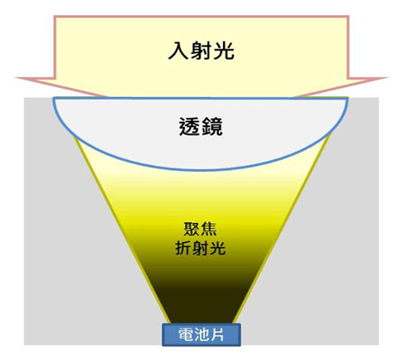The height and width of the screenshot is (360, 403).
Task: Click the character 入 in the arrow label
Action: coord(178,51)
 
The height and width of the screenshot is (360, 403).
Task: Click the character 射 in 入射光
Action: coord(201,51)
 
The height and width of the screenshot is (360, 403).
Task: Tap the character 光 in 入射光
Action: coord(224,51)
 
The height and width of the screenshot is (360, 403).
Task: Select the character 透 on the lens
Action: coord(189,127)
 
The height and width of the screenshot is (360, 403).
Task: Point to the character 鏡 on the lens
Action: coord(212,127)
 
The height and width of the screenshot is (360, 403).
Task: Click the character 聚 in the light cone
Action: coord(192,229)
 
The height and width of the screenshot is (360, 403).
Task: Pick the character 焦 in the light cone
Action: coord(209,229)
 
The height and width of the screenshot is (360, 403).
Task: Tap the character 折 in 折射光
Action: coord(183,248)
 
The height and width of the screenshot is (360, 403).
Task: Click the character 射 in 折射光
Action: coord(201,248)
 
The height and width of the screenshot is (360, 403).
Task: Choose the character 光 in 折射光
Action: coord(217,248)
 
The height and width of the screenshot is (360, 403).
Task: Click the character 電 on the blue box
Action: coord(186,334)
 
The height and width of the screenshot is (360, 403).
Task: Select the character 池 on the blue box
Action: coord(201,334)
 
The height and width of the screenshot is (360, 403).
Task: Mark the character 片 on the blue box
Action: coord(216,334)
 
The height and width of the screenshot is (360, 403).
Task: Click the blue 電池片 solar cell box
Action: coord(201,334)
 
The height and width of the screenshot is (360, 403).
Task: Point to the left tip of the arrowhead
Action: coord(16,78)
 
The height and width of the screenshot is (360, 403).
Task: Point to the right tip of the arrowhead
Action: coord(387,78)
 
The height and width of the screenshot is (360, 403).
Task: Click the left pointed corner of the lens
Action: coord(53,99)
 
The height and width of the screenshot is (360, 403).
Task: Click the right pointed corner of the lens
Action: coord(347,99)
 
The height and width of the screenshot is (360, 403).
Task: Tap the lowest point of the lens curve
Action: coord(201,170)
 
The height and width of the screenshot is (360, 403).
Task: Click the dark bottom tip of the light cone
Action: coord(201,322)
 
